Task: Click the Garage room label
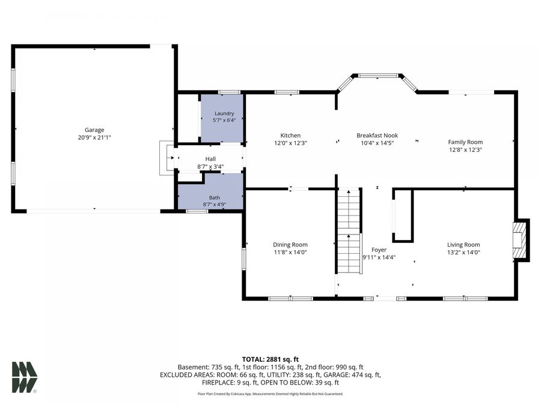click(x=94, y=130)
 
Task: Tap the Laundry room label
click(x=224, y=113)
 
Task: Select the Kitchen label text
click(x=290, y=136)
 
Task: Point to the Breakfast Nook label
click(x=377, y=136)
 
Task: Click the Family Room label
click(x=465, y=142)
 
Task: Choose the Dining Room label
click(x=290, y=245)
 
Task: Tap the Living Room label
click(x=463, y=245)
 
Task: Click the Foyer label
click(x=379, y=250)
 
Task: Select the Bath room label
click(x=214, y=197)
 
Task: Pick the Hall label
click(x=210, y=159)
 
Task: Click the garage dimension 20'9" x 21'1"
click(x=94, y=137)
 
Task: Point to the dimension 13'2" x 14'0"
click(x=463, y=252)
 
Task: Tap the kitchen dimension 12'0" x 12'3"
click(x=290, y=143)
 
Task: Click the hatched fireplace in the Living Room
click(x=519, y=240)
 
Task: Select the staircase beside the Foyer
click(x=349, y=231)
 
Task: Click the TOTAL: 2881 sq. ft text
click(x=270, y=360)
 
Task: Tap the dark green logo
click(x=25, y=377)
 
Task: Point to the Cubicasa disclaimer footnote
click(x=270, y=394)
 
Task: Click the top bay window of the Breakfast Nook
click(x=377, y=76)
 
